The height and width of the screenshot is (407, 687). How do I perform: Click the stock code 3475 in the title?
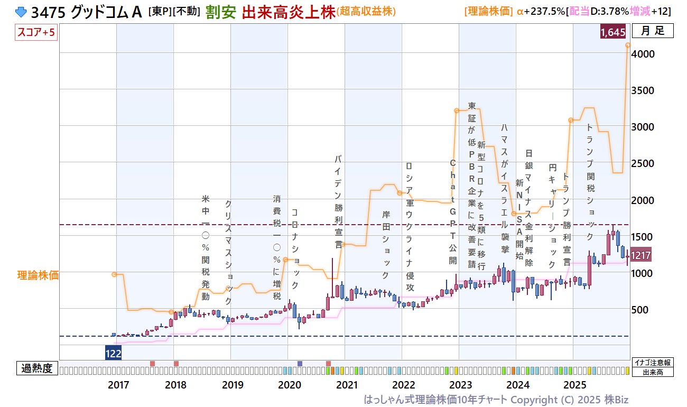tap(48, 12)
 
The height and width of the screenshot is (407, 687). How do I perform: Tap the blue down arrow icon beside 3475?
tap(21, 12)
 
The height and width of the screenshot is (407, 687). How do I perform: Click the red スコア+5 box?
tap(36, 32)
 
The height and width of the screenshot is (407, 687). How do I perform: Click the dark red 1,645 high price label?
tap(613, 32)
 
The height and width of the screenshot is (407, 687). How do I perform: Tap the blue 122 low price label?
tap(113, 354)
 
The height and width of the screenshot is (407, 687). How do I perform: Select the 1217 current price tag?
tap(640, 255)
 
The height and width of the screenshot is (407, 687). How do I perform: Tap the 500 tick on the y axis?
tap(644, 310)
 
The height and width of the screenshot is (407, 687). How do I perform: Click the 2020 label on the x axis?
tap(290, 385)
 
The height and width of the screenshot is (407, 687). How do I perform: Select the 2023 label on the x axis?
tap(461, 385)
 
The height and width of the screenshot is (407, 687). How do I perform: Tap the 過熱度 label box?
tap(37, 368)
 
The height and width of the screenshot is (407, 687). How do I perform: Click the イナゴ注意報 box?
tap(653, 363)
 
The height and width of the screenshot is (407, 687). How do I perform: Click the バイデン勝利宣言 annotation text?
tap(338, 201)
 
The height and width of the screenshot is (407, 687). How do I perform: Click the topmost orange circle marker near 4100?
tap(628, 45)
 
